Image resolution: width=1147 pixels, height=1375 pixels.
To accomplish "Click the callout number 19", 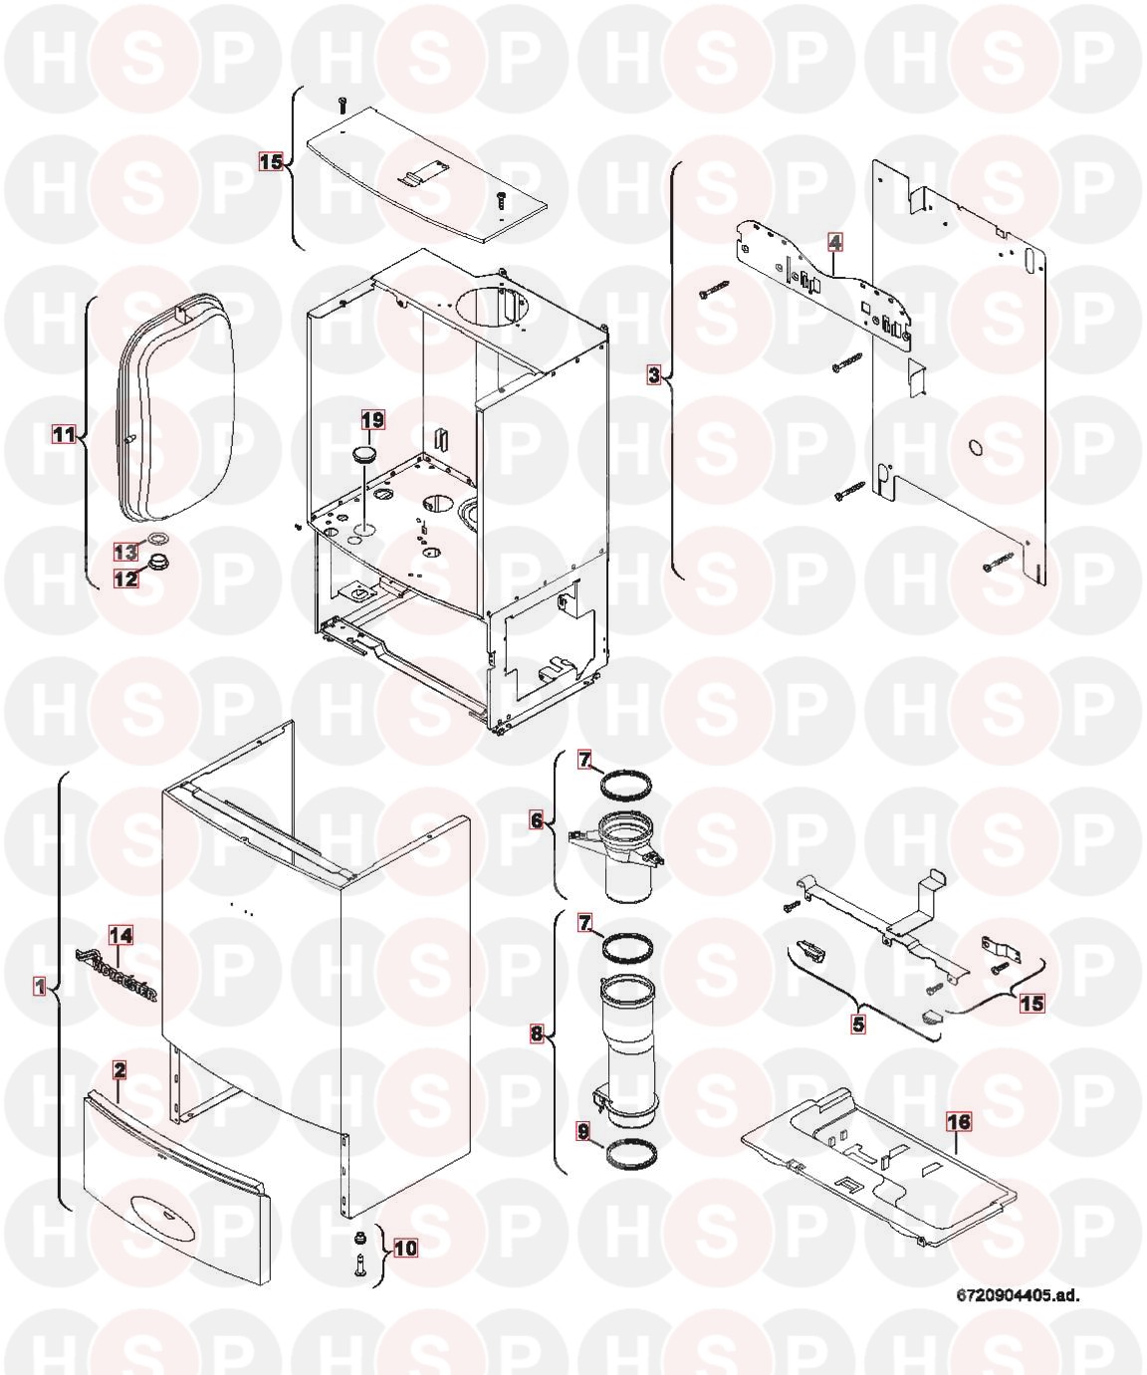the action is [x=372, y=419].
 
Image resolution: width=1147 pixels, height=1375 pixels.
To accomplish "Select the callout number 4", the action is [x=835, y=243].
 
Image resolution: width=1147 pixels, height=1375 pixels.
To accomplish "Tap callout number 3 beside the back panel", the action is [x=653, y=376].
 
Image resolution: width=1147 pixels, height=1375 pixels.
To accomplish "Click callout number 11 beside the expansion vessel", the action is [x=64, y=434].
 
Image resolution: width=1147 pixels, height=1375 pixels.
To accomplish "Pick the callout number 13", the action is [x=125, y=552].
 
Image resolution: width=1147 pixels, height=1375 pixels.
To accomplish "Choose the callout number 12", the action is [x=125, y=578].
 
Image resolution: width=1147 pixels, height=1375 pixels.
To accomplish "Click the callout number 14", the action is [x=120, y=935].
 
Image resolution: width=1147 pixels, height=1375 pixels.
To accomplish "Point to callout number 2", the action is [x=119, y=1070].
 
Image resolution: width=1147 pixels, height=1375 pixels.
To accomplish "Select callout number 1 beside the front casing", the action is [x=40, y=987].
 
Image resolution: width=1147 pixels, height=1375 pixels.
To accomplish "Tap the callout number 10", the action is [x=406, y=1248].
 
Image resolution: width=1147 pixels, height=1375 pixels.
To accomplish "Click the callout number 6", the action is [x=538, y=820].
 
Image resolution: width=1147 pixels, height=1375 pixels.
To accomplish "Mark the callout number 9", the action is [x=583, y=1133].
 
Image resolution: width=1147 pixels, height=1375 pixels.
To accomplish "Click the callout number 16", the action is [x=959, y=1121].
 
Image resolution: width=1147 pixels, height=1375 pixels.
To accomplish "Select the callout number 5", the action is [x=857, y=1024].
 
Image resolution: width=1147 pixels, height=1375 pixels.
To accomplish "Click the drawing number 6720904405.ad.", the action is [x=1018, y=1295].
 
